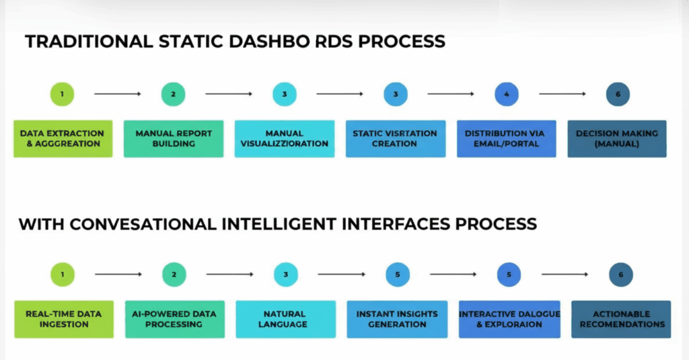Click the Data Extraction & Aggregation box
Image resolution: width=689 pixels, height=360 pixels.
tap(63, 139)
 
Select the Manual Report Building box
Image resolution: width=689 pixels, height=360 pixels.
tap(174, 139)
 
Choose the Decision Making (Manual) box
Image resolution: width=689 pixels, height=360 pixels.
tap(617, 139)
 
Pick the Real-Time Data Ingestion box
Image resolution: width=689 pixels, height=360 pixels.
tap(63, 319)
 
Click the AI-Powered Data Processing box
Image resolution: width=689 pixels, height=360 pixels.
tap(174, 319)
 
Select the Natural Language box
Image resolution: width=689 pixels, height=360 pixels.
tap(285, 319)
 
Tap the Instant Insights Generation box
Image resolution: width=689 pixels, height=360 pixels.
tap(397, 319)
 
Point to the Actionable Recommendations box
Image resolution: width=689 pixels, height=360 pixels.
tap(620, 319)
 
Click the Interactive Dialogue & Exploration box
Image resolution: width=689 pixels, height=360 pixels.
tap(509, 319)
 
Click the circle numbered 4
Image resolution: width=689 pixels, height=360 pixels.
tap(506, 94)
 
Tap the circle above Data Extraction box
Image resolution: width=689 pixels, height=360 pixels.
tap(62, 94)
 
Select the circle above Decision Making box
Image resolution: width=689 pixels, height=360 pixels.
tap(617, 94)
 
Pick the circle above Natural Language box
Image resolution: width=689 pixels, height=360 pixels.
tap(286, 275)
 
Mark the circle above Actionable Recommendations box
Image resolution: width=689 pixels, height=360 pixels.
tap(620, 275)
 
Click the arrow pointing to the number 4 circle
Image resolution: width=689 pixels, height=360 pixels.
tap(451, 94)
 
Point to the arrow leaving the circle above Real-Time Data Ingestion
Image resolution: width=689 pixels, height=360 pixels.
tap(118, 275)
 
